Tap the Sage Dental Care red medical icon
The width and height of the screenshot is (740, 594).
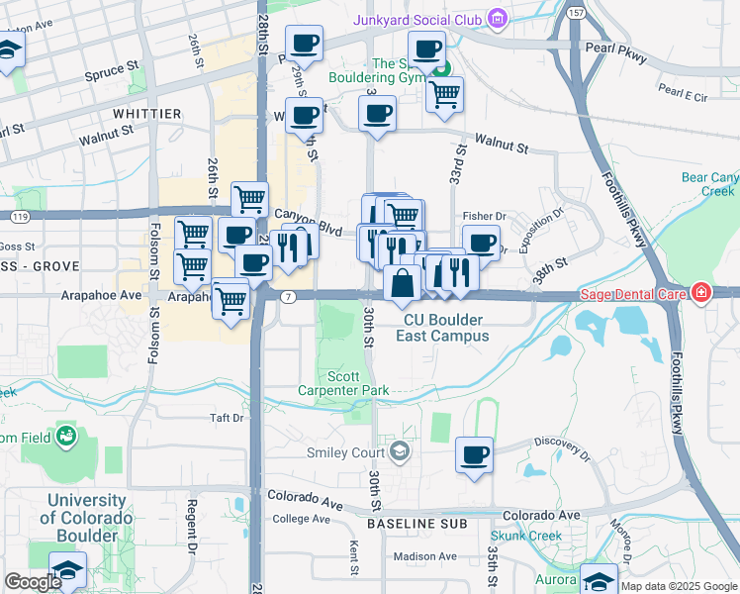(700, 292)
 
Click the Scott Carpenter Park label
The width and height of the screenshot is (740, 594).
(343, 383)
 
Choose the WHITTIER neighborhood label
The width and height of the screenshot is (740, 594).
(146, 115)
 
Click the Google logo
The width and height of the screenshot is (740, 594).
(33, 582)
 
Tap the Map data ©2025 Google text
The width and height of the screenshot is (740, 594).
(679, 586)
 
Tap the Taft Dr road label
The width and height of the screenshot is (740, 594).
(227, 419)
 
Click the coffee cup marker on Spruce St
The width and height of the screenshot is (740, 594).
(304, 44)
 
